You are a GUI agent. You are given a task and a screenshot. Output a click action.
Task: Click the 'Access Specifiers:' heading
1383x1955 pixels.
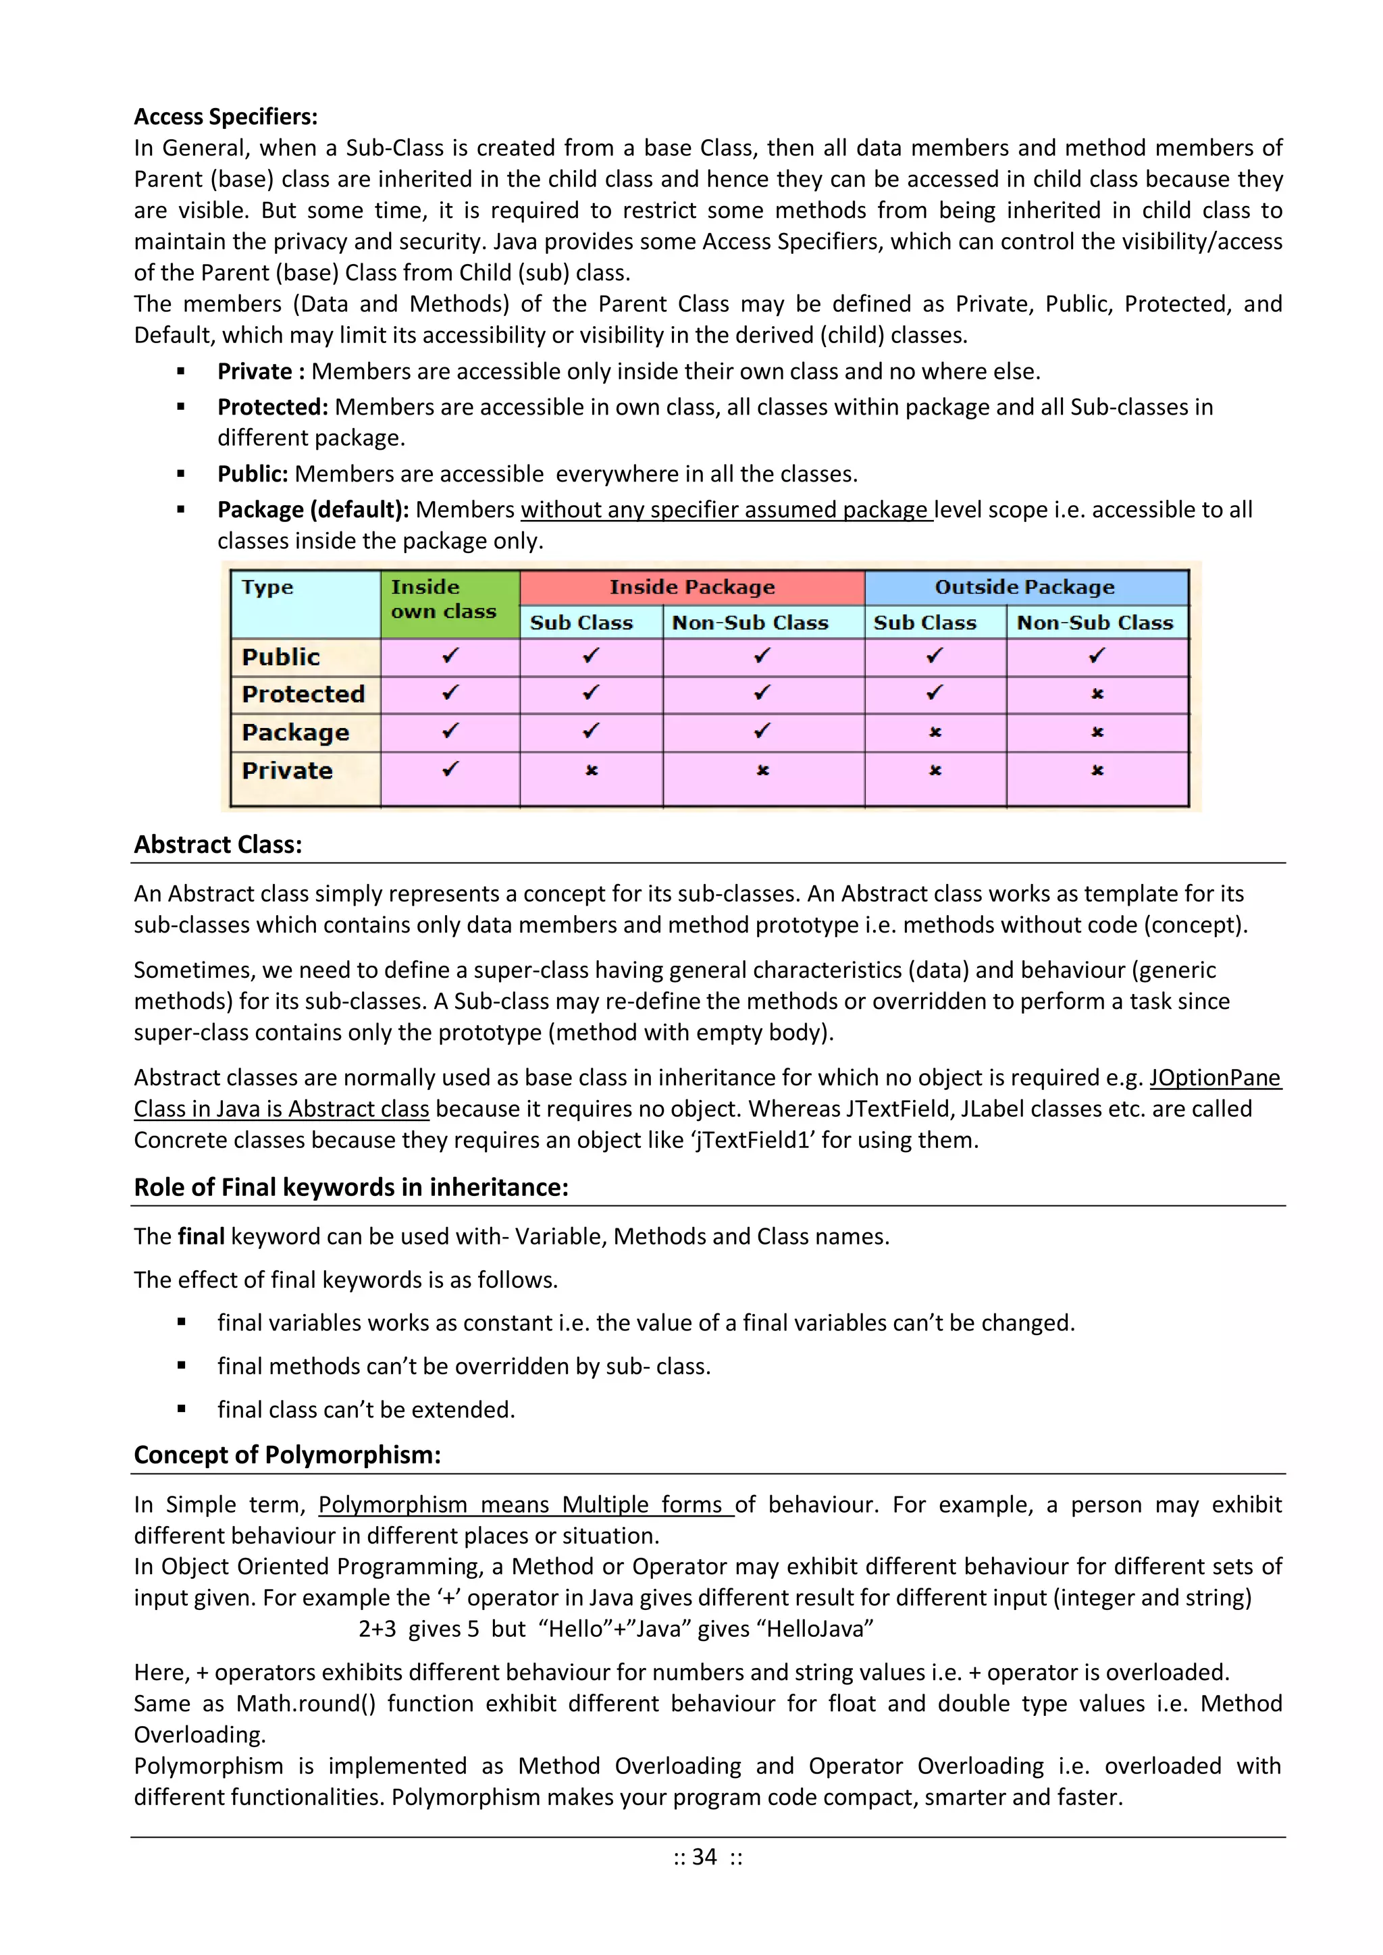[x=226, y=117]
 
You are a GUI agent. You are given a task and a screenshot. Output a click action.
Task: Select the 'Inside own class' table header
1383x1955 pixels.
[x=443, y=600]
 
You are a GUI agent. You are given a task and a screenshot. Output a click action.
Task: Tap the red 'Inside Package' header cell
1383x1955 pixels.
[x=691, y=588]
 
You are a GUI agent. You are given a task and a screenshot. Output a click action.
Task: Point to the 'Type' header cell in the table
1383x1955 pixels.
[x=267, y=588]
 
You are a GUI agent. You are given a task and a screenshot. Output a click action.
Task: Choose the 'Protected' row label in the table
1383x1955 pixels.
[x=303, y=695]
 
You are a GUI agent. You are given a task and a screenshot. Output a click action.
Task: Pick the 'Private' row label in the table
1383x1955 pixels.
[x=287, y=771]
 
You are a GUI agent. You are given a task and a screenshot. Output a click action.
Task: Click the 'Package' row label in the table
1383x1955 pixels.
[x=296, y=733]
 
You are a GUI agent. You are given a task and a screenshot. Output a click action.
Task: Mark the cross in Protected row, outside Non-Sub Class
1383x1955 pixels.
[x=1097, y=694]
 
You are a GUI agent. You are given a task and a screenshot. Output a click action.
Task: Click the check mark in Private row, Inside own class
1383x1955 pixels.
[x=450, y=770]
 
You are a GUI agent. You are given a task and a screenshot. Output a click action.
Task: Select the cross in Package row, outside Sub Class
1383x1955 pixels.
[x=935, y=732]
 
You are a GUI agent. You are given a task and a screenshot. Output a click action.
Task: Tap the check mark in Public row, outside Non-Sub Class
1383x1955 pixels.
[x=1097, y=656]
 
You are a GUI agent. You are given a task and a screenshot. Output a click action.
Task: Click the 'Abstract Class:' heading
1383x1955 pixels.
[x=218, y=845]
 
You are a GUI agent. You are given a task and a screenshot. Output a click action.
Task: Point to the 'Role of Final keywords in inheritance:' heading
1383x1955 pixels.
[x=351, y=1188]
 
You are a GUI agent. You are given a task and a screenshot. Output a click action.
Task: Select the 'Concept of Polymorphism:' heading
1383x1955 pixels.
[x=287, y=1455]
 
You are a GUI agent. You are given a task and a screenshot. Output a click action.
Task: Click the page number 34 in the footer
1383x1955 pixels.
[x=704, y=1857]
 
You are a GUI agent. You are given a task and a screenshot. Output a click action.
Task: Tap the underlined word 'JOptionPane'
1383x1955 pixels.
[x=1216, y=1078]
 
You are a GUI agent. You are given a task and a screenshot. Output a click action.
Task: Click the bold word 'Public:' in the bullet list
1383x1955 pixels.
[x=253, y=474]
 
